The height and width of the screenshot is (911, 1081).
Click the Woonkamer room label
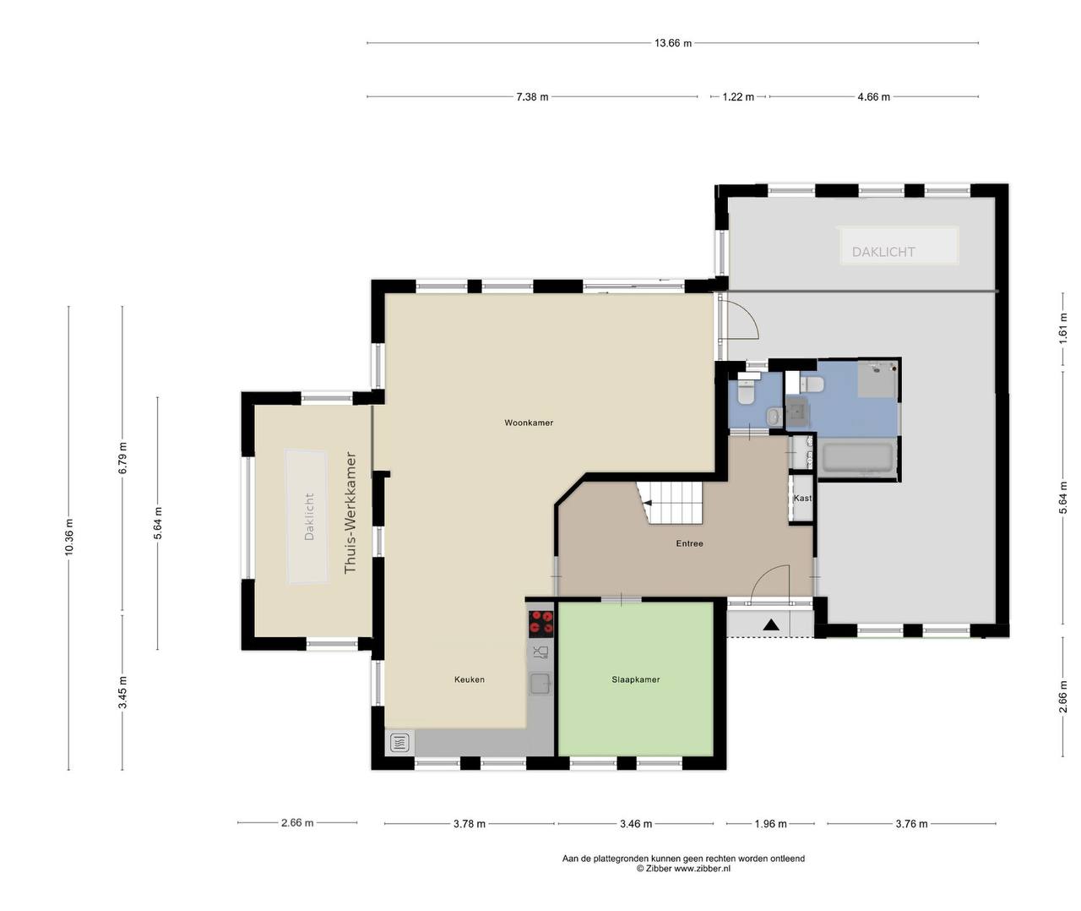529,423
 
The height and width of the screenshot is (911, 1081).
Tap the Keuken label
469,679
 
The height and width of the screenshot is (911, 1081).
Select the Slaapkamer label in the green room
635,679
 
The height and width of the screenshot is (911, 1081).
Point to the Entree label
689,543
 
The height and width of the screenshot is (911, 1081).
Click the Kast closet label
802,498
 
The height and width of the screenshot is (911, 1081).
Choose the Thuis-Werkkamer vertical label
350,512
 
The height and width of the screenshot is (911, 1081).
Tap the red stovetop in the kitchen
540,624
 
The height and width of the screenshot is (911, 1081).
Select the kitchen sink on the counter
540,684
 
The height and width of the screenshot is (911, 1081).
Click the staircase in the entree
670,503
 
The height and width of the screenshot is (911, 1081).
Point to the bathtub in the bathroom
857,457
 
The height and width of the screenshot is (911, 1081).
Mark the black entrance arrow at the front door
771,625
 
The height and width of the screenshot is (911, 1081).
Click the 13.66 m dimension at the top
672,43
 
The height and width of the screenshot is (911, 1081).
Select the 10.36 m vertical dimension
69,537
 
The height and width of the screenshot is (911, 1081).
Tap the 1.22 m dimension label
738,97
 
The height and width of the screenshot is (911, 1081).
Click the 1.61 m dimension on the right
1063,328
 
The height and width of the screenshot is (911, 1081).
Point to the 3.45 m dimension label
122,693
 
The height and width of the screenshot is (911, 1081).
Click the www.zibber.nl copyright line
683,869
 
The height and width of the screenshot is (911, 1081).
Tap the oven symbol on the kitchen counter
399,743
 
